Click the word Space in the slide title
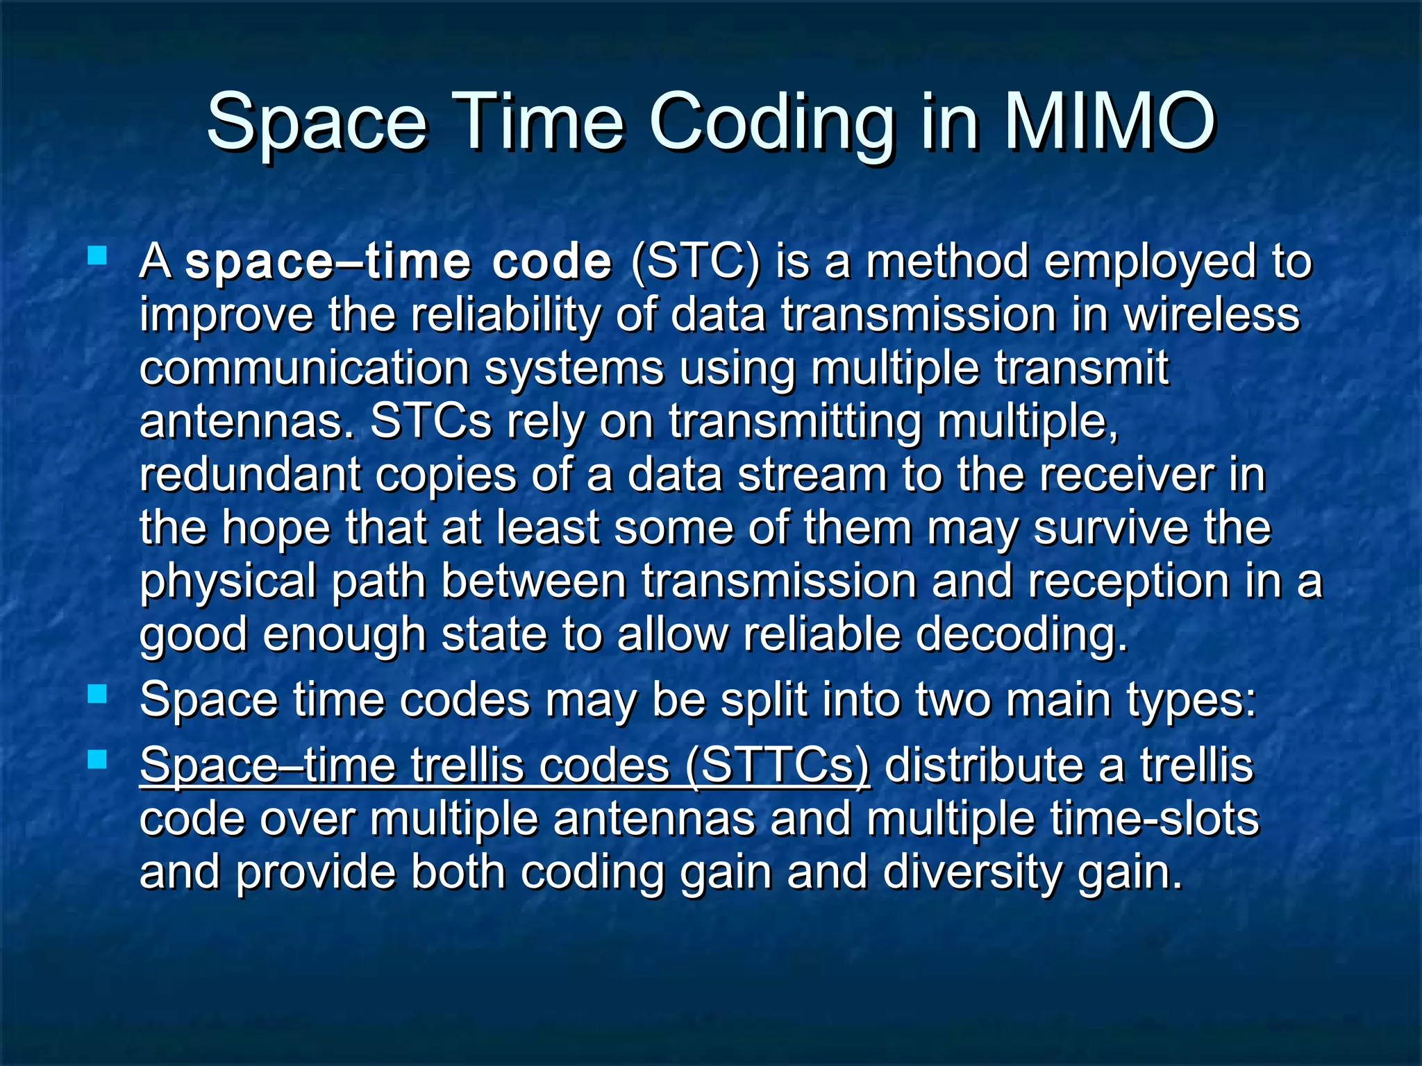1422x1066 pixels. (x=317, y=124)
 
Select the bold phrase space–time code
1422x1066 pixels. (x=399, y=262)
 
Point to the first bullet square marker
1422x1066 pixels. (x=97, y=257)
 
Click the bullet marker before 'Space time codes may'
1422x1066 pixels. (x=97, y=694)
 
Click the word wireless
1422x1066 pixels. (x=1211, y=315)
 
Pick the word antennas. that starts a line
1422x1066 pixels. (x=248, y=421)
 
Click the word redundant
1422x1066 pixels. (x=250, y=475)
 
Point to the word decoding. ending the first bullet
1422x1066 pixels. (x=1021, y=635)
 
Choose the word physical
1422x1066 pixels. (x=228, y=582)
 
